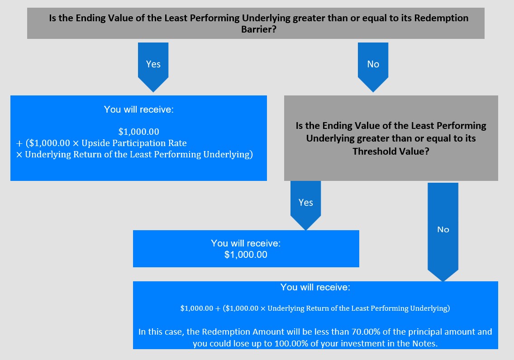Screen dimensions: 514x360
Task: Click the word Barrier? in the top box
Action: [259, 29]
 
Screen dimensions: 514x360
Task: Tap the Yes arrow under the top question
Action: [153, 67]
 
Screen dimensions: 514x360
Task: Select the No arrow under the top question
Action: [373, 67]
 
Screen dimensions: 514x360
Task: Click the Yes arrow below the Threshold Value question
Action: [305, 205]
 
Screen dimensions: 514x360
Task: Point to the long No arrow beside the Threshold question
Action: [443, 232]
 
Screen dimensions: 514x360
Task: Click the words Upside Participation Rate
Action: [134, 143]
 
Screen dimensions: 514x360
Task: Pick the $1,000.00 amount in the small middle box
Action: [246, 255]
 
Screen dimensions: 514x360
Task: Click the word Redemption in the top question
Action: [441, 18]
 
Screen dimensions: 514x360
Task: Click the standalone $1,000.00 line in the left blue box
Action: [138, 132]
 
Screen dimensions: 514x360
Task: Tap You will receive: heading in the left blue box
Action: [138, 109]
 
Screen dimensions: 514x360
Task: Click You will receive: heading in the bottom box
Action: [315, 287]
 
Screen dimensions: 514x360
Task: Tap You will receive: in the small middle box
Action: [246, 243]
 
